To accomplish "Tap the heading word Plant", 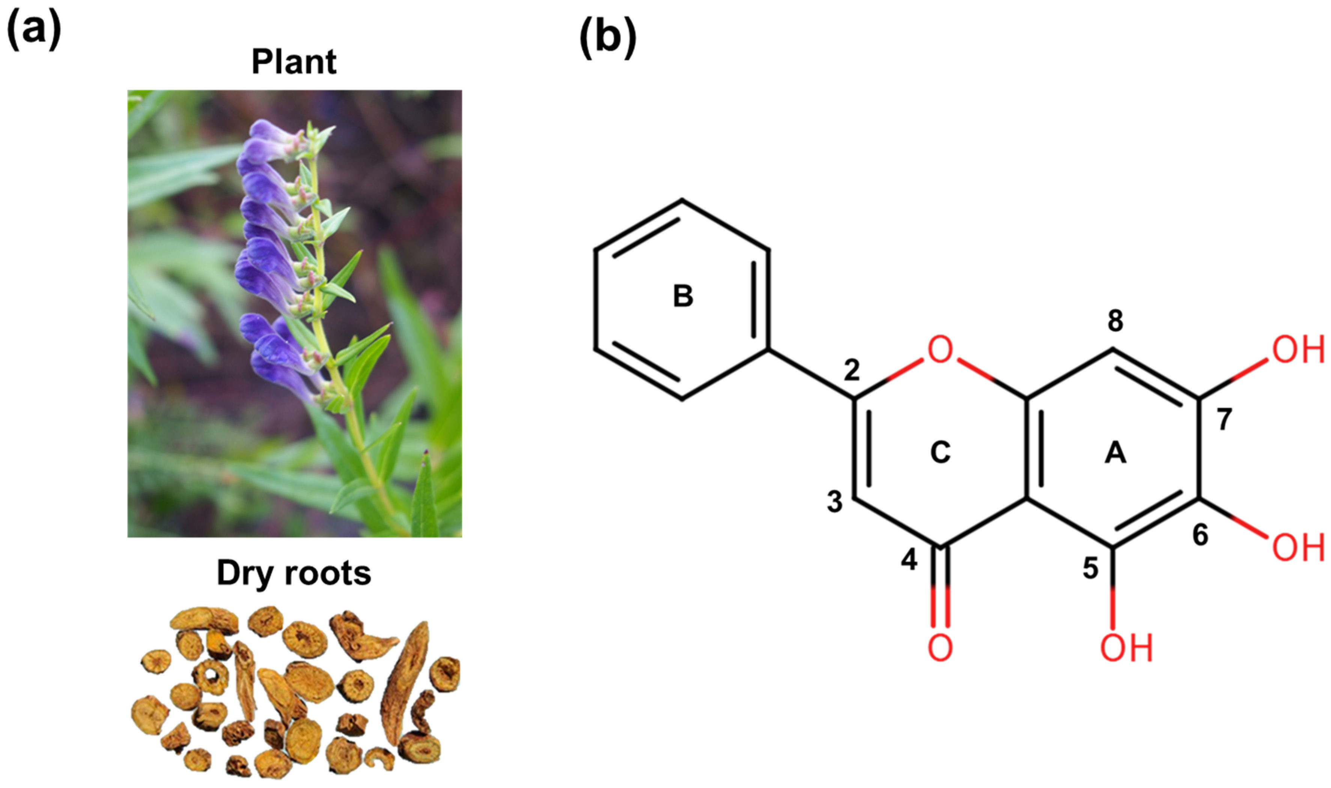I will pos(294,62).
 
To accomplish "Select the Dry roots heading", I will pos(294,574).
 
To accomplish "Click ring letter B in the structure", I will pos(683,296).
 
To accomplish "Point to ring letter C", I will pos(940,453).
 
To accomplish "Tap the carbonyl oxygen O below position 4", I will pos(940,648).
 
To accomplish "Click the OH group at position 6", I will pos(1298,547).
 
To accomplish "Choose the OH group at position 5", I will pos(1126,648).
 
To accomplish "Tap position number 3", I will pos(834,502).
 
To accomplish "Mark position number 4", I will pos(909,560).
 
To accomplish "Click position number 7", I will pos(1224,419).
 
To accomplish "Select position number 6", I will pos(1200,535).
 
